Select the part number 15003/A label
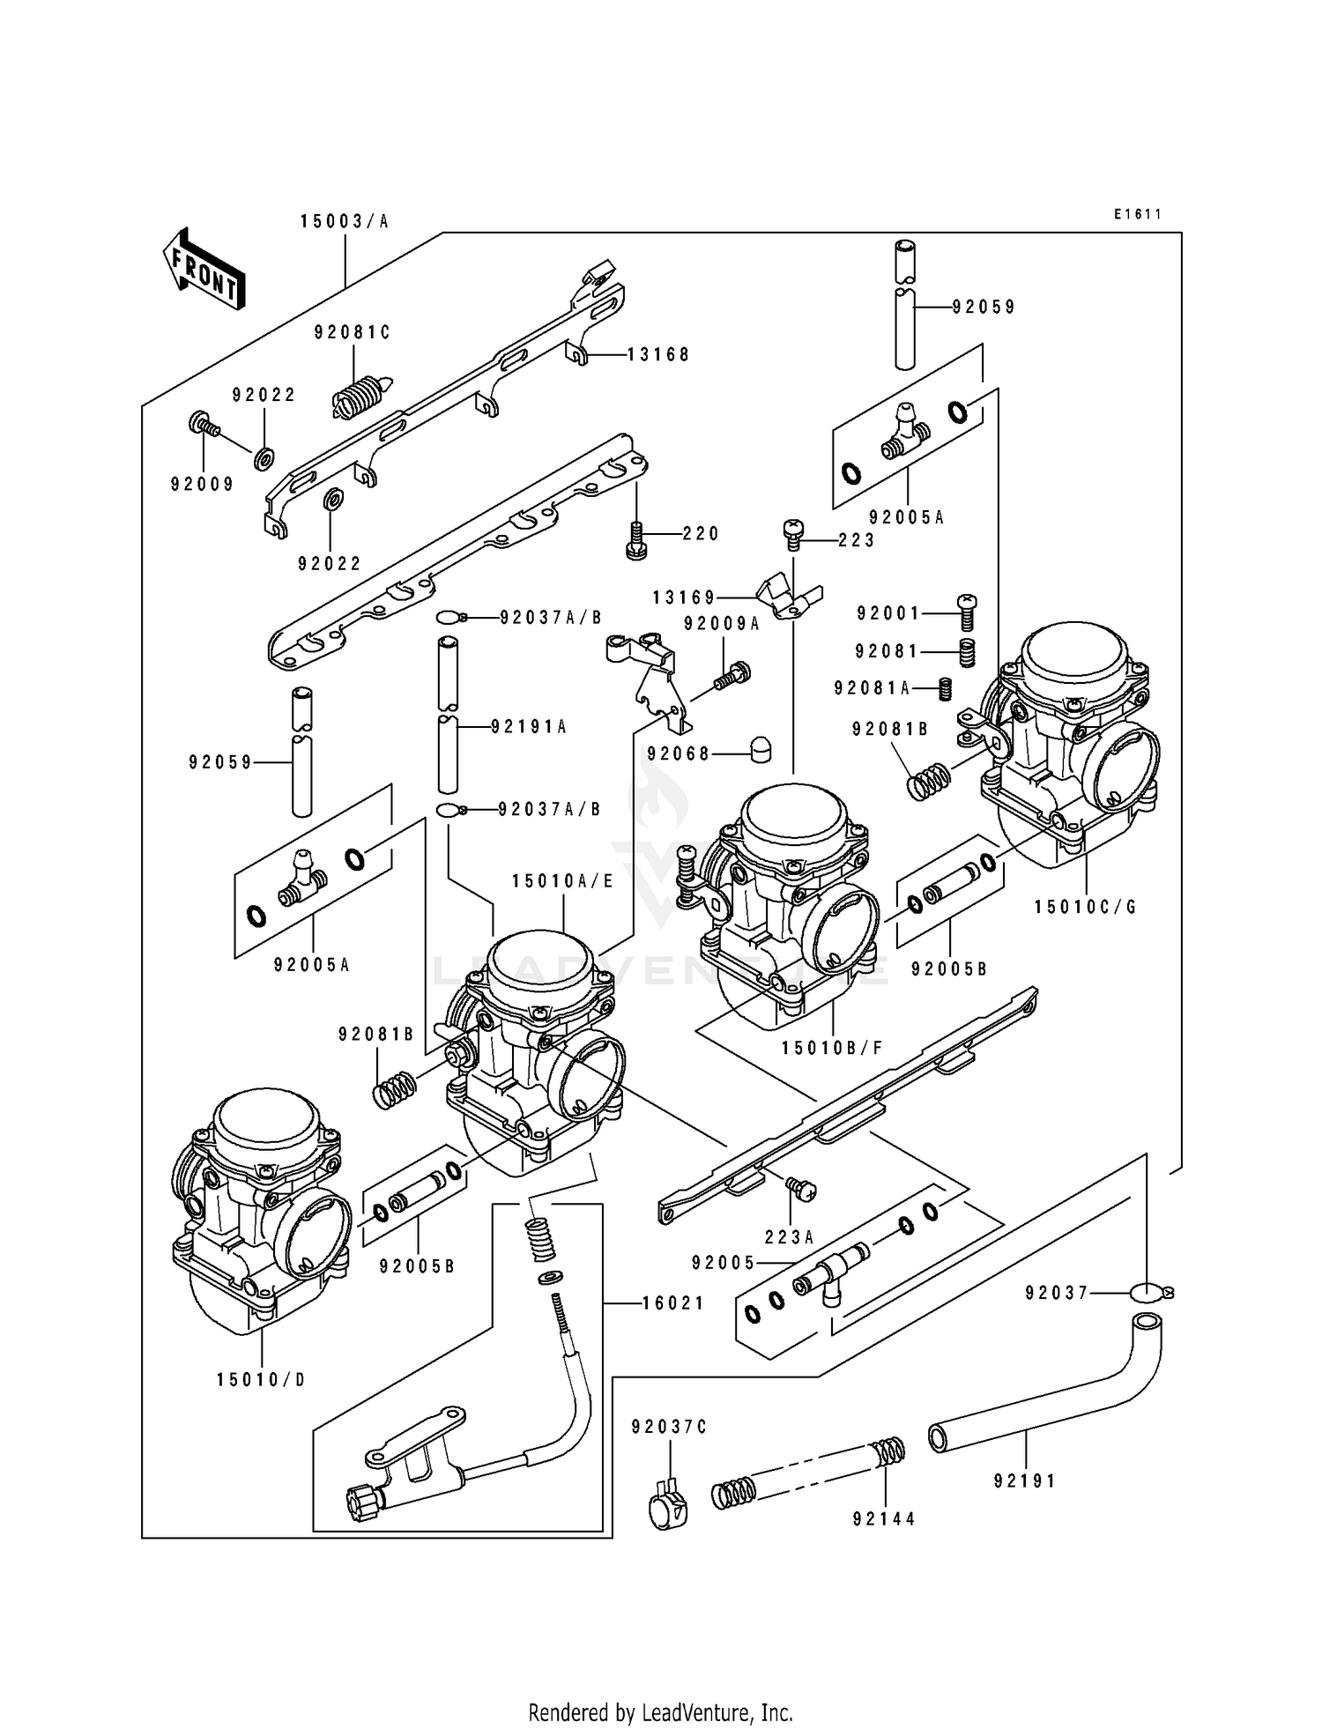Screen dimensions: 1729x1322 [345, 222]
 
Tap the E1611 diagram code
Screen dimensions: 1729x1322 [1137, 214]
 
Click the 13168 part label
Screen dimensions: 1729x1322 [658, 355]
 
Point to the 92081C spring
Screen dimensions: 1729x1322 [361, 397]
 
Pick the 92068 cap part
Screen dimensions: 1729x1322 [759, 750]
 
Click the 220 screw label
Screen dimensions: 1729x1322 [701, 534]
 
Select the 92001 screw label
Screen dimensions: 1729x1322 [888, 613]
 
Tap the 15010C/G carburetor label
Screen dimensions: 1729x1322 [1086, 907]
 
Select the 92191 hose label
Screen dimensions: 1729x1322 [1025, 1481]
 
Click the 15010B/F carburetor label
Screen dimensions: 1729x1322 [832, 1048]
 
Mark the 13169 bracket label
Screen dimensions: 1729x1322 [684, 598]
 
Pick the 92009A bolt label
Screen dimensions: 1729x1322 [722, 624]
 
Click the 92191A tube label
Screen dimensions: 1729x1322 [529, 727]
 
